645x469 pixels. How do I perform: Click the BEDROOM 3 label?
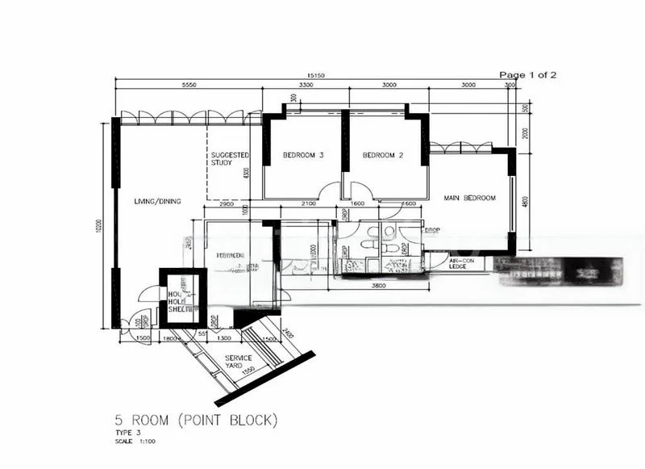click(x=303, y=155)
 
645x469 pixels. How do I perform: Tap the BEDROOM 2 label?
click(x=382, y=155)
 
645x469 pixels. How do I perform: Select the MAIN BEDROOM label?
click(x=469, y=198)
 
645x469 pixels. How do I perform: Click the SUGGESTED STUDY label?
click(x=230, y=158)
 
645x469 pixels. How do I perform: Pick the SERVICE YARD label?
click(x=239, y=362)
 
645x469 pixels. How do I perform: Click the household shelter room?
click(x=178, y=299)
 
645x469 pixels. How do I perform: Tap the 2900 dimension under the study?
click(x=227, y=205)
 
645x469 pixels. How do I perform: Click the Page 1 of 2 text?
click(x=527, y=75)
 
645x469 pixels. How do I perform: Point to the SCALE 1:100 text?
click(x=135, y=442)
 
